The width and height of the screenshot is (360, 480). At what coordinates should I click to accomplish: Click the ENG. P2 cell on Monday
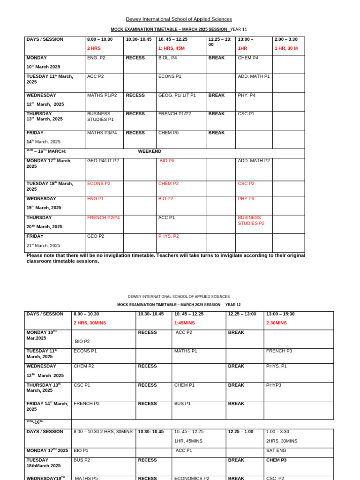pos(96,58)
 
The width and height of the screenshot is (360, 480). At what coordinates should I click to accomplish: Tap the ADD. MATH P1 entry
pos(254,76)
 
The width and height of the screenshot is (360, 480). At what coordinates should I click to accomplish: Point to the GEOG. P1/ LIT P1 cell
pos(177,95)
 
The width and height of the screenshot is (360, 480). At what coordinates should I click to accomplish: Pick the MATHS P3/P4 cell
pos(102,133)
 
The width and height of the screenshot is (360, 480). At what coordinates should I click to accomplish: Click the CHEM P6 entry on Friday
pos(168,133)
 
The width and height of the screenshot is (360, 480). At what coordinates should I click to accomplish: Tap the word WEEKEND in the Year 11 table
pos(150,151)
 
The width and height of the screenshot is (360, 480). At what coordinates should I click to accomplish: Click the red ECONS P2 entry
pos(98,184)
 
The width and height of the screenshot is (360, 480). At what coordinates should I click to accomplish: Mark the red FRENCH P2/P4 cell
pos(103,217)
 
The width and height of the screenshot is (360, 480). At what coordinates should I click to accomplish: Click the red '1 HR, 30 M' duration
pos(286,48)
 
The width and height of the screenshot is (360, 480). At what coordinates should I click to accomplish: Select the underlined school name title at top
pos(179,19)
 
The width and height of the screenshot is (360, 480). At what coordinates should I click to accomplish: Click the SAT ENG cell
pos(276,450)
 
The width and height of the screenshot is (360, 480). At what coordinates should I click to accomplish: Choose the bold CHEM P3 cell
pos(276,460)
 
